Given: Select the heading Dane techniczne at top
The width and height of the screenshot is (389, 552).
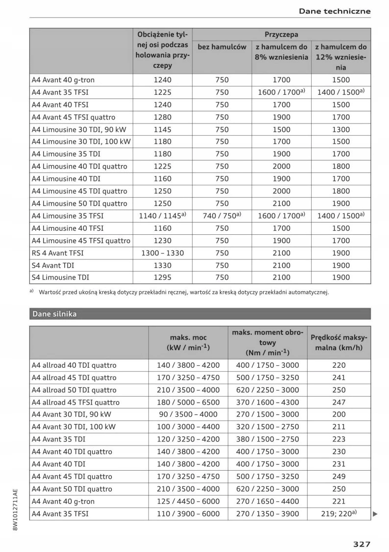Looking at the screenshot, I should click(x=334, y=11).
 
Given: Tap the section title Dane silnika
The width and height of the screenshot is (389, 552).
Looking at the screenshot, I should click(x=54, y=314).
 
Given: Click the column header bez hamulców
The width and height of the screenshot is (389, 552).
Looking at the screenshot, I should click(x=222, y=47).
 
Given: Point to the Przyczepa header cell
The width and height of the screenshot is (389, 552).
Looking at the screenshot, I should click(x=281, y=35).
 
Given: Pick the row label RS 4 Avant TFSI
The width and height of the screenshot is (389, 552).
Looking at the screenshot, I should click(x=57, y=253).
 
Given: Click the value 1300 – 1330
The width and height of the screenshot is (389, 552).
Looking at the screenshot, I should click(x=163, y=253).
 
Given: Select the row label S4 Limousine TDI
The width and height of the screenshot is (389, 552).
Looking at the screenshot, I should click(x=60, y=277).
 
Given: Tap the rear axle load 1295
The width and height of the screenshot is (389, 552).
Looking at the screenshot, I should click(x=163, y=277).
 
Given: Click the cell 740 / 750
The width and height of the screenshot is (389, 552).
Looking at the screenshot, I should click(x=222, y=216).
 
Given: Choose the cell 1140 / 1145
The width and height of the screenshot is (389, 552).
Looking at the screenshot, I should click(x=163, y=216).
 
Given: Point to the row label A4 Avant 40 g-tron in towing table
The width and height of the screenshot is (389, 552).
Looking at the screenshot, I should click(x=63, y=80).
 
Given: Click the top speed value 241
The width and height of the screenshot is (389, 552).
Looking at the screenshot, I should click(x=339, y=377).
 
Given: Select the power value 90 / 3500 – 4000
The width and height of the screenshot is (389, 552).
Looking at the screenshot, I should click(x=188, y=415).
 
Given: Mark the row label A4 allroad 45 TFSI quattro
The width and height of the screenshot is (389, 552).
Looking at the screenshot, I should click(x=75, y=402).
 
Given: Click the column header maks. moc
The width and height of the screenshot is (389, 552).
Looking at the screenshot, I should click(x=188, y=342).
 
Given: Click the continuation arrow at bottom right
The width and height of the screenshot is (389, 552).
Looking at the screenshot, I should click(x=375, y=514).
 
